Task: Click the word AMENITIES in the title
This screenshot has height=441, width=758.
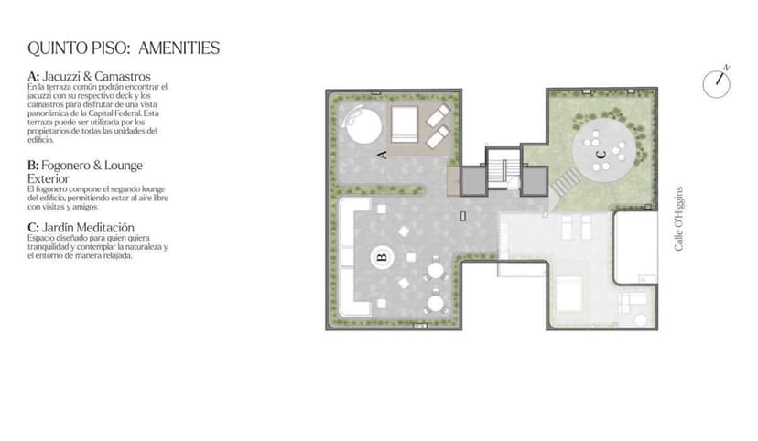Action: [179, 48]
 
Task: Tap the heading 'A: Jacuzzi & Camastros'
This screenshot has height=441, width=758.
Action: [89, 76]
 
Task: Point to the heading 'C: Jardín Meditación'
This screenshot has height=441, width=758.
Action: [81, 228]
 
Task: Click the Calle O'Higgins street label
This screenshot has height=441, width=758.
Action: [678, 219]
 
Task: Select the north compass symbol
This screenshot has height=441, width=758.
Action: [717, 82]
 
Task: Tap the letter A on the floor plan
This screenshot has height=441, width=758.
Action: [383, 155]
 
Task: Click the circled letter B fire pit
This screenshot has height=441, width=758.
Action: [383, 257]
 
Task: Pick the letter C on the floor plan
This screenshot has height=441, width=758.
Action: [601, 155]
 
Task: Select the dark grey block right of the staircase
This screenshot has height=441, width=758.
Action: [535, 180]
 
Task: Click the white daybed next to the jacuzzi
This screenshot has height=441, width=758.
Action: [404, 124]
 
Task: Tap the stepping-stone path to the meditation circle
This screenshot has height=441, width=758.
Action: [566, 182]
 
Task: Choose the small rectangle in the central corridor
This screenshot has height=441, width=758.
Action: [462, 216]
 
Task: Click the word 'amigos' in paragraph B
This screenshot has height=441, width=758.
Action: [85, 207]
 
